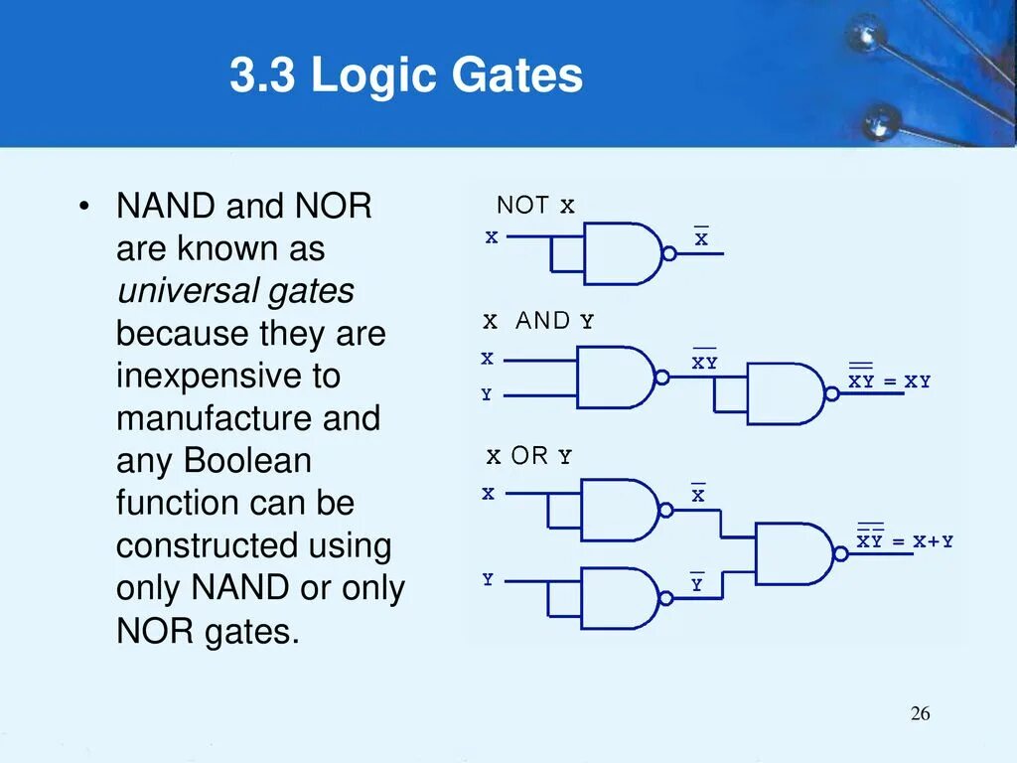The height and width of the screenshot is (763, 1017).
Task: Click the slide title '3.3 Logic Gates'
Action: point(406,76)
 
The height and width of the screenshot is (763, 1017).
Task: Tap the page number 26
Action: point(920,714)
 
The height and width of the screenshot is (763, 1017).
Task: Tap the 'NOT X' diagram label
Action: point(535,206)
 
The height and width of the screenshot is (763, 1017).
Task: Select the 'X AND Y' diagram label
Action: point(538,321)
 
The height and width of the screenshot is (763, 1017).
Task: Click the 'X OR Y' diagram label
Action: point(529,456)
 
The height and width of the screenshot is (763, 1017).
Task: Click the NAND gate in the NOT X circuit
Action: point(623,253)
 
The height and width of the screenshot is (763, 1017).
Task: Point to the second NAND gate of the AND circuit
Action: point(786,393)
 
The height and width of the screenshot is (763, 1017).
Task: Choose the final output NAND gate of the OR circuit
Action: point(794,552)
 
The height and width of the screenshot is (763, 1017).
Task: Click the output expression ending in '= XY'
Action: point(889,381)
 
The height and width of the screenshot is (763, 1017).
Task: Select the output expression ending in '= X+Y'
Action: point(905,540)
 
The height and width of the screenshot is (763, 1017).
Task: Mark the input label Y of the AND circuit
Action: point(487,395)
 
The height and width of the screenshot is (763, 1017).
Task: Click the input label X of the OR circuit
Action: point(488,494)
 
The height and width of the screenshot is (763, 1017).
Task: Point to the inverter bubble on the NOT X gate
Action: point(669,254)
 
